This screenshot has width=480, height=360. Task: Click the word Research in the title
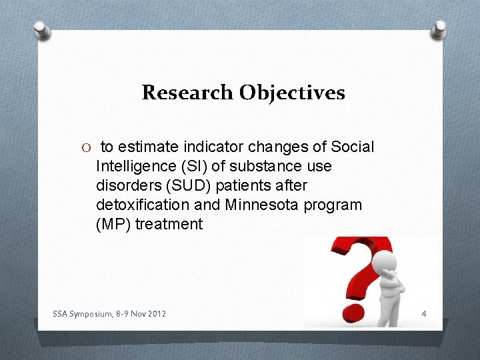[x=182, y=92]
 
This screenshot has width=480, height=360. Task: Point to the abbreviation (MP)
[x=113, y=224]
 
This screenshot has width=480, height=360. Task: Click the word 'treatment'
[x=169, y=224]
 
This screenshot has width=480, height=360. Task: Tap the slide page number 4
[x=425, y=313]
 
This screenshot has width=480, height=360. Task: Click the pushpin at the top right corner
[x=440, y=29]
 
